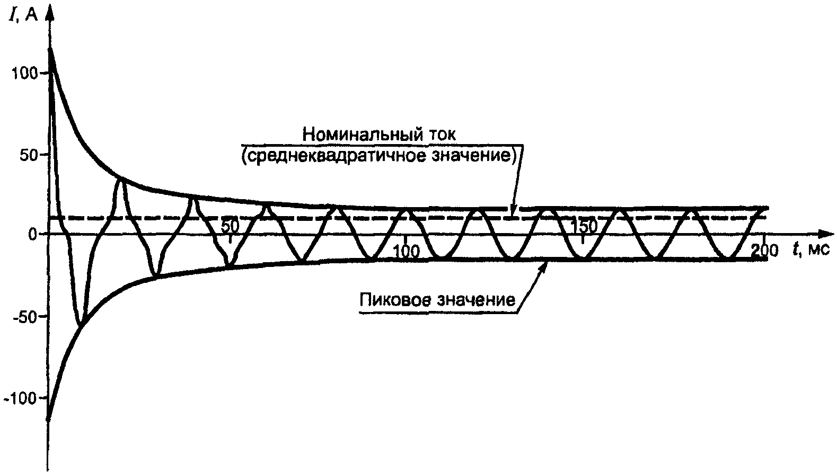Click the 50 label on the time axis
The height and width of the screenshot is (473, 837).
[x=230, y=226]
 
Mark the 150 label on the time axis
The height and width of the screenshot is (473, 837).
[x=584, y=226]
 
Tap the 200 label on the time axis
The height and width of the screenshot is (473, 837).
[x=764, y=251]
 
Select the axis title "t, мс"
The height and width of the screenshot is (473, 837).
[x=810, y=250]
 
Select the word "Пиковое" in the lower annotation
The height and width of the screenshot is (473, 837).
[x=395, y=300]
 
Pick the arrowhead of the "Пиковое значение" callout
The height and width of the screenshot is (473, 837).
[x=543, y=267]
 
